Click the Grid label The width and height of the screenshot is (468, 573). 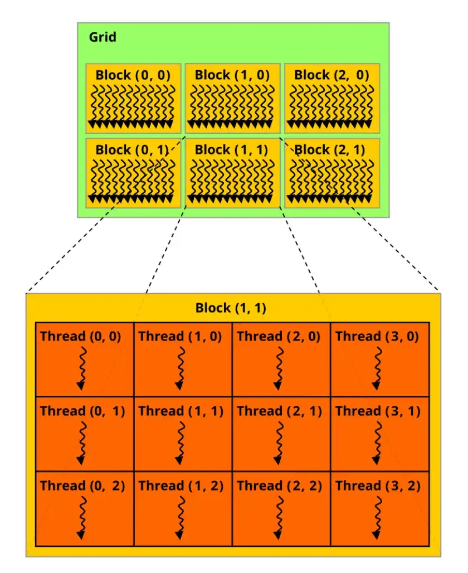point(103,37)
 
